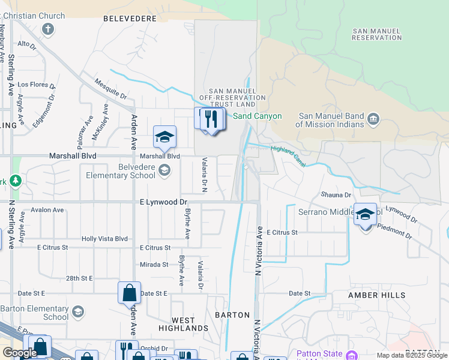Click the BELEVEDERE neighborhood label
pyautogui.click(x=130, y=19)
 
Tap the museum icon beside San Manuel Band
pyautogui.click(x=373, y=119)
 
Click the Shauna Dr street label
pyautogui.click(x=336, y=195)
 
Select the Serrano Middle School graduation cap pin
pyautogui.click(x=365, y=214)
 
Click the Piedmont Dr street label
pyautogui.click(x=394, y=232)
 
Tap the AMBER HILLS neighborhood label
pyautogui.click(x=376, y=295)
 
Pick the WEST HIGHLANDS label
pyautogui.click(x=183, y=324)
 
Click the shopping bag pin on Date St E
pyautogui.click(x=129, y=293)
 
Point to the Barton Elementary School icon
pyautogui.click(x=78, y=312)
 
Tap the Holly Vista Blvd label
pyautogui.click(x=105, y=239)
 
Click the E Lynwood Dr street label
pyautogui.click(x=163, y=203)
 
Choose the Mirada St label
pyautogui.click(x=154, y=264)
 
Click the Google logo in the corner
pyautogui.click(x=19, y=353)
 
